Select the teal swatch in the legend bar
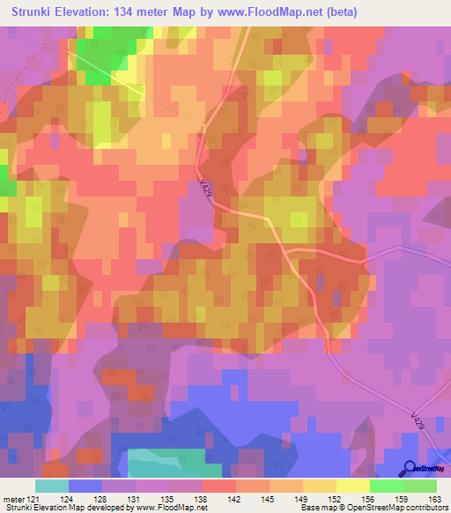(x=51, y=486)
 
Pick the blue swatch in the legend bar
(x=85, y=486)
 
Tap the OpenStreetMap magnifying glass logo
(x=410, y=469)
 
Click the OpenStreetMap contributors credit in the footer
(x=387, y=508)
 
